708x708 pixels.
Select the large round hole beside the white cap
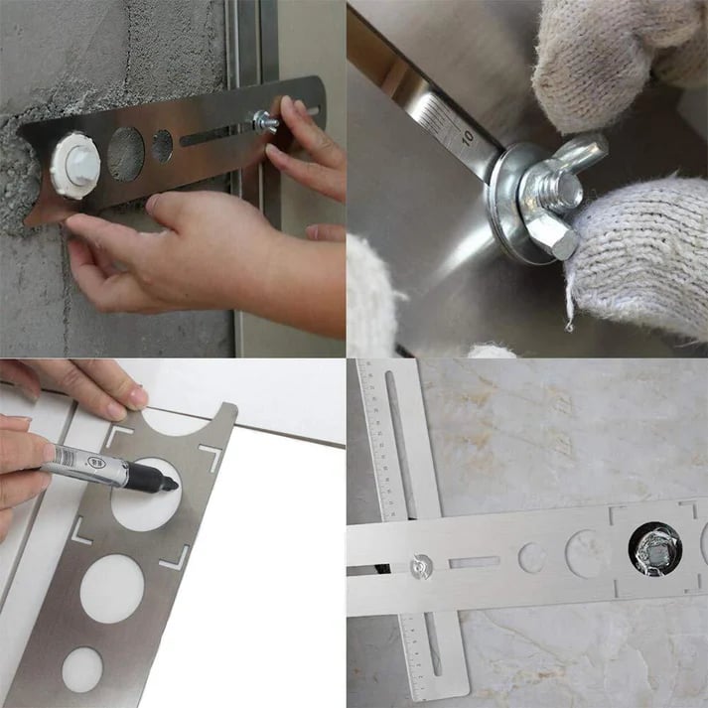click(125, 153)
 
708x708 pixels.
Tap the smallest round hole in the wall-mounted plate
click(162, 146)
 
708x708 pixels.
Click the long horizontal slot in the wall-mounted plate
click(212, 134)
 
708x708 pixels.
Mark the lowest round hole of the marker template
click(82, 669)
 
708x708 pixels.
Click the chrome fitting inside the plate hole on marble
click(651, 548)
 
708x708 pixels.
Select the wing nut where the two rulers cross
click(421, 566)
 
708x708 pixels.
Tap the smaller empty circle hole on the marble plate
click(532, 557)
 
